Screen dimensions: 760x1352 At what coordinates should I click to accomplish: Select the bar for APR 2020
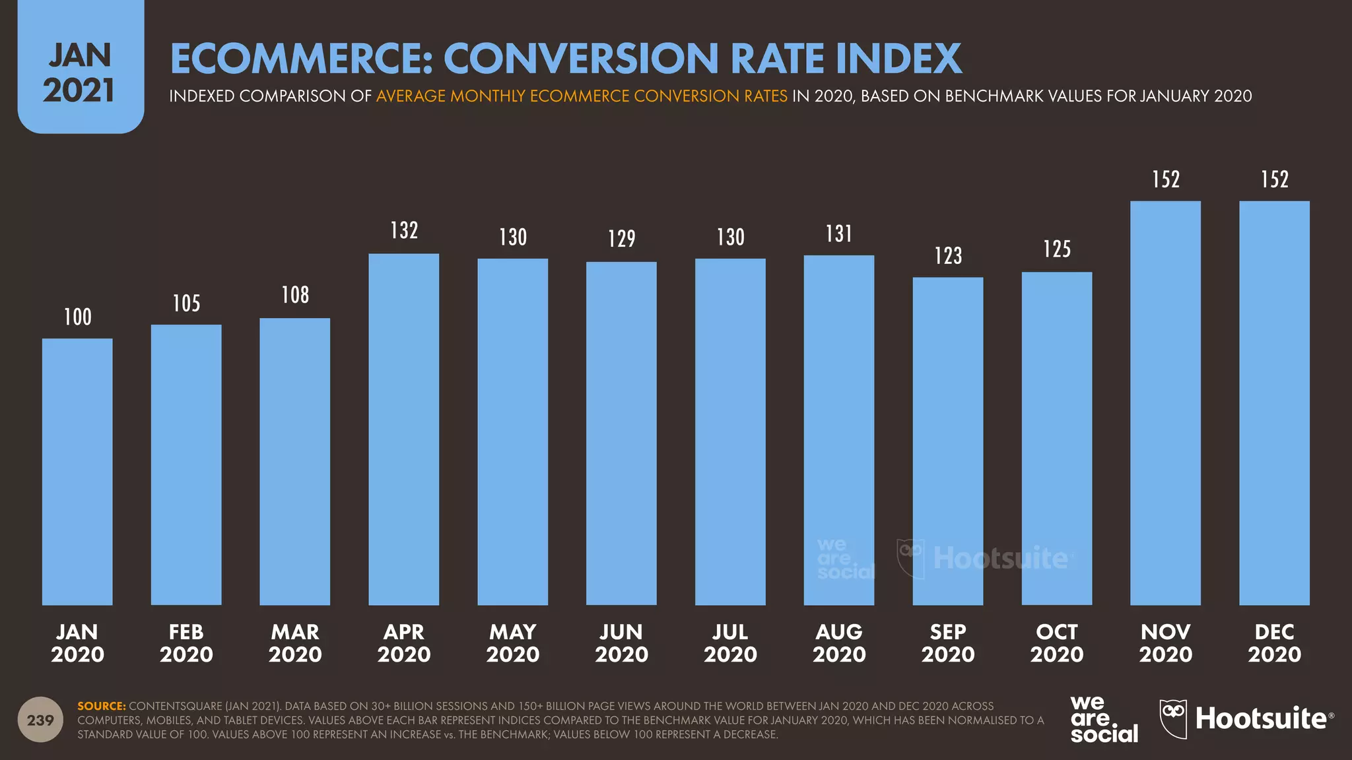403,429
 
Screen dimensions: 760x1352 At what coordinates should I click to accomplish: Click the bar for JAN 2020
77,472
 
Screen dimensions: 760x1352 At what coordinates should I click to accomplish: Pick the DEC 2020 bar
1274,402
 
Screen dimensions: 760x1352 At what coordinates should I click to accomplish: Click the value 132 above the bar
404,230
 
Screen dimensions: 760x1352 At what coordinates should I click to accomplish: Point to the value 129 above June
621,238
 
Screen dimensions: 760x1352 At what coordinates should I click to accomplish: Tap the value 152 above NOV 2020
1165,179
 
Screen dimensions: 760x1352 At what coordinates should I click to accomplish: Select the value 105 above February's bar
186,303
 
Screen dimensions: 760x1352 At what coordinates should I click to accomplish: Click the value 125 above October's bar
1056,249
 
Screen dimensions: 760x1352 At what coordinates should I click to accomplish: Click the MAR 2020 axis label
295,643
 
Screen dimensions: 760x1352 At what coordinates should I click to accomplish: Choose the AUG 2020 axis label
839,643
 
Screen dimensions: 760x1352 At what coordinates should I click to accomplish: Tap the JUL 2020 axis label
730,643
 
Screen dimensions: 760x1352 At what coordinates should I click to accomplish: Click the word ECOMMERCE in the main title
301,59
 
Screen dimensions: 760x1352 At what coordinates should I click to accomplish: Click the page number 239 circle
40,720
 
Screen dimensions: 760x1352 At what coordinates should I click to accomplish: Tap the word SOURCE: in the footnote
101,706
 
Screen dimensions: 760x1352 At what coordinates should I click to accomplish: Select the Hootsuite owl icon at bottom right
1173,719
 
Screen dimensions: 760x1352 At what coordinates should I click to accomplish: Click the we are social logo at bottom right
1104,720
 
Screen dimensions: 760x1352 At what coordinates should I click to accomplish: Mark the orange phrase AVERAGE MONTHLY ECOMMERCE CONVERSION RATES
582,96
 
